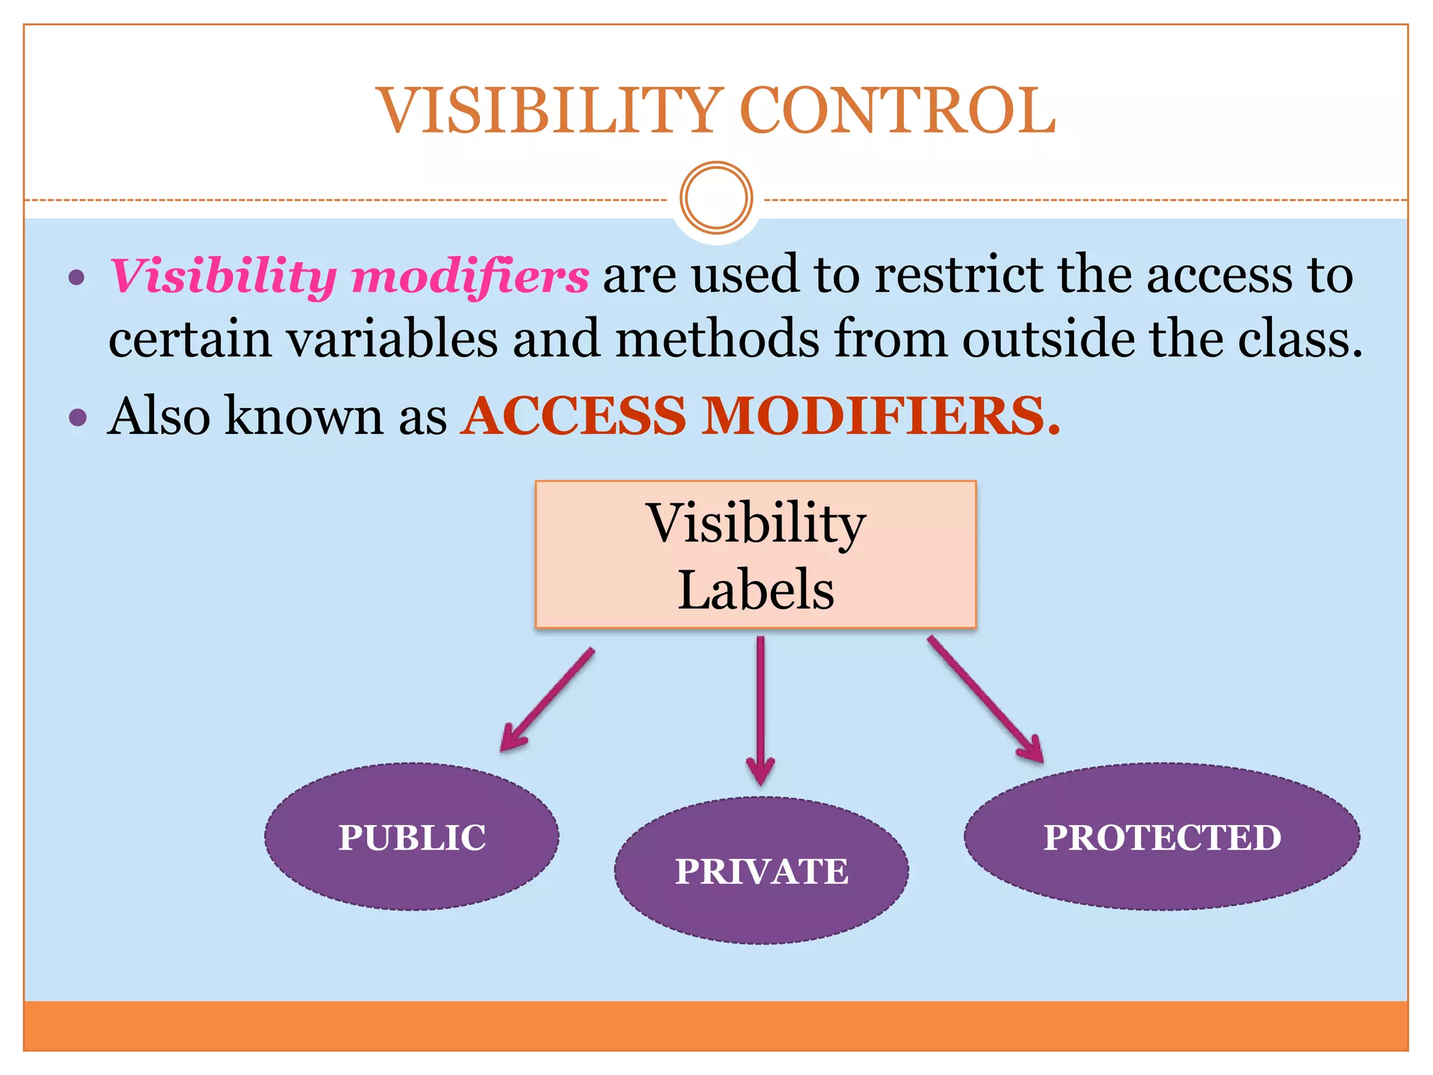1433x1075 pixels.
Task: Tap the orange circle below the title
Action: coord(716,197)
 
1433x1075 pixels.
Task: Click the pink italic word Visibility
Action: coord(223,276)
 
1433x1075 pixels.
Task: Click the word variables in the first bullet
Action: coord(393,339)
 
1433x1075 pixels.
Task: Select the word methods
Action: coord(717,339)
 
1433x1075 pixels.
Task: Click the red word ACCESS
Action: coord(573,416)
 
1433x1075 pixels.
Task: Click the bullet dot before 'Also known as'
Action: coord(78,418)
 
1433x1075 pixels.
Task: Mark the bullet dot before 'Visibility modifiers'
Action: coord(77,277)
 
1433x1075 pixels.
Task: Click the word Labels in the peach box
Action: coord(756,589)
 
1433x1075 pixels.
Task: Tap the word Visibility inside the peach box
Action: coord(756,524)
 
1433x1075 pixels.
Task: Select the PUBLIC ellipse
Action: coord(411,837)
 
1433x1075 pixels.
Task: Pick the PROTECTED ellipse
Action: coord(1162,837)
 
